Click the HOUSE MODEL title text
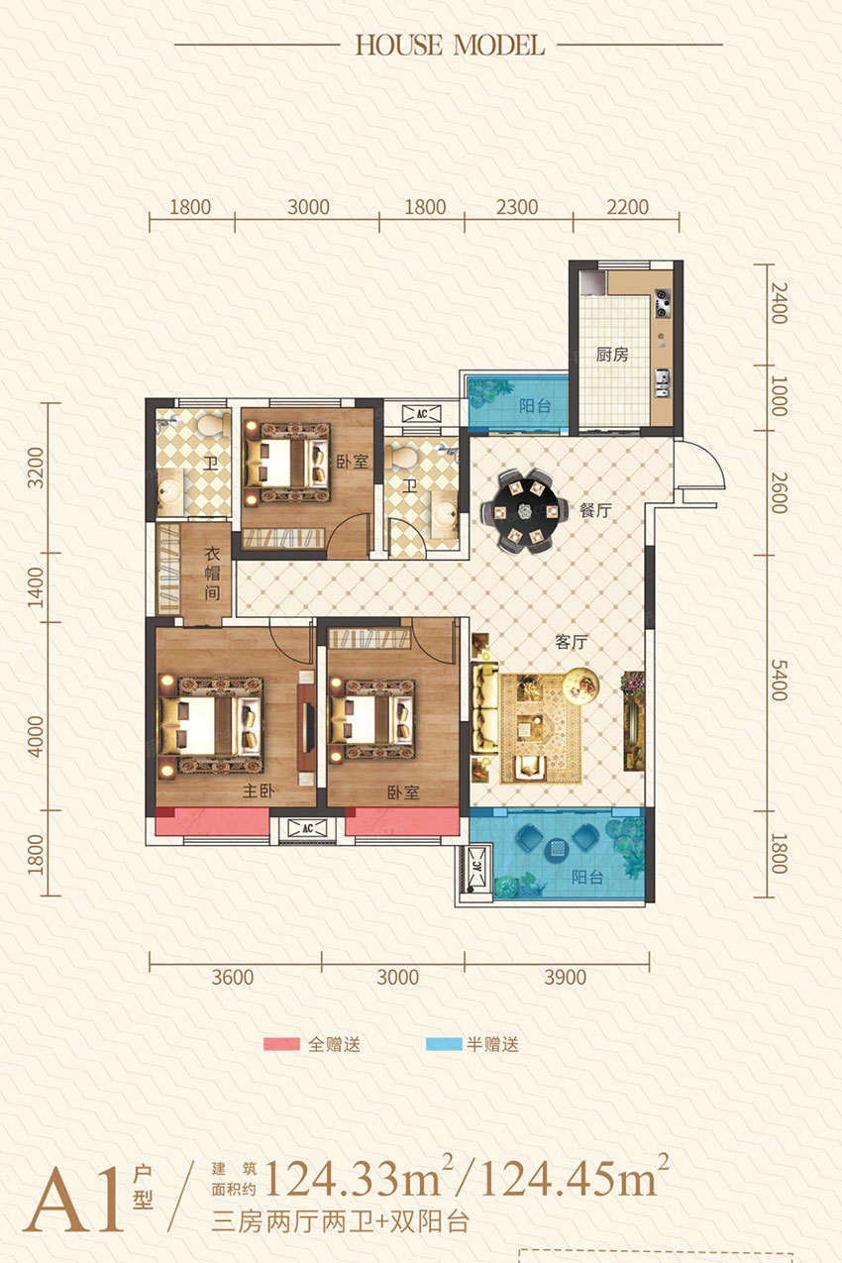(x=449, y=45)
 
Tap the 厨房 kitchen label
(x=612, y=355)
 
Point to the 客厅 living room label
(x=573, y=642)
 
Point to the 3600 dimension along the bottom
(x=233, y=978)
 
